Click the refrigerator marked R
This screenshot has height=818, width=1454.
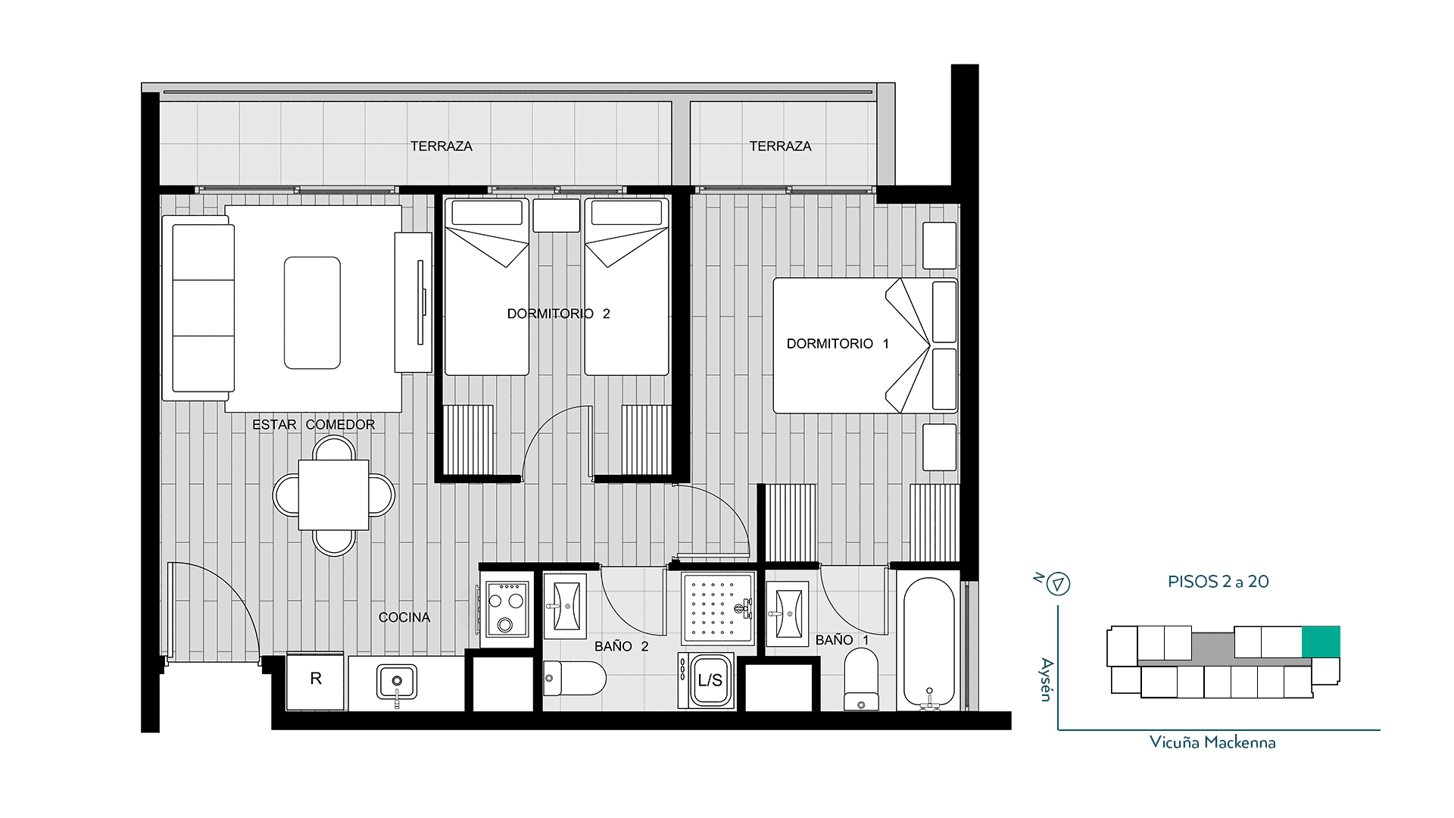315,679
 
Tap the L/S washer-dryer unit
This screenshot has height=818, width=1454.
710,680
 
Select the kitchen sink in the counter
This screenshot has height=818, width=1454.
397,682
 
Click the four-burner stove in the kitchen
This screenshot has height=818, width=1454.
507,609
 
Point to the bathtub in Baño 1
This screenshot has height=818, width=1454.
929,644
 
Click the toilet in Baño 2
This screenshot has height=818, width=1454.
575,678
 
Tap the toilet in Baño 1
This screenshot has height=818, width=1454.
861,679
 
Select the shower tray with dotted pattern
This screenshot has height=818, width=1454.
717,608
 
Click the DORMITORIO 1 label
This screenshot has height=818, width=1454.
838,344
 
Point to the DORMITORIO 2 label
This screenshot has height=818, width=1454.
558,314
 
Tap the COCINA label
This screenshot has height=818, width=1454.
404,617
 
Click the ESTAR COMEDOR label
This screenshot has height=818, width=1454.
314,425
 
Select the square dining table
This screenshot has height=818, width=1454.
333,495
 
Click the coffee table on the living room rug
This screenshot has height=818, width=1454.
312,313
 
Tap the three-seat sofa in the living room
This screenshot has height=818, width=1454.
198,308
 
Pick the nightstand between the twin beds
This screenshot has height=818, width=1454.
557,215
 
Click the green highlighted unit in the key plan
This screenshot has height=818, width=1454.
1321,642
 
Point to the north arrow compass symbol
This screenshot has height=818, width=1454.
1058,584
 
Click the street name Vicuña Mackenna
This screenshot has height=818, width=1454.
1212,742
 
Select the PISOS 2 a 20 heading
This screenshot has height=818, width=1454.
1218,582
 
